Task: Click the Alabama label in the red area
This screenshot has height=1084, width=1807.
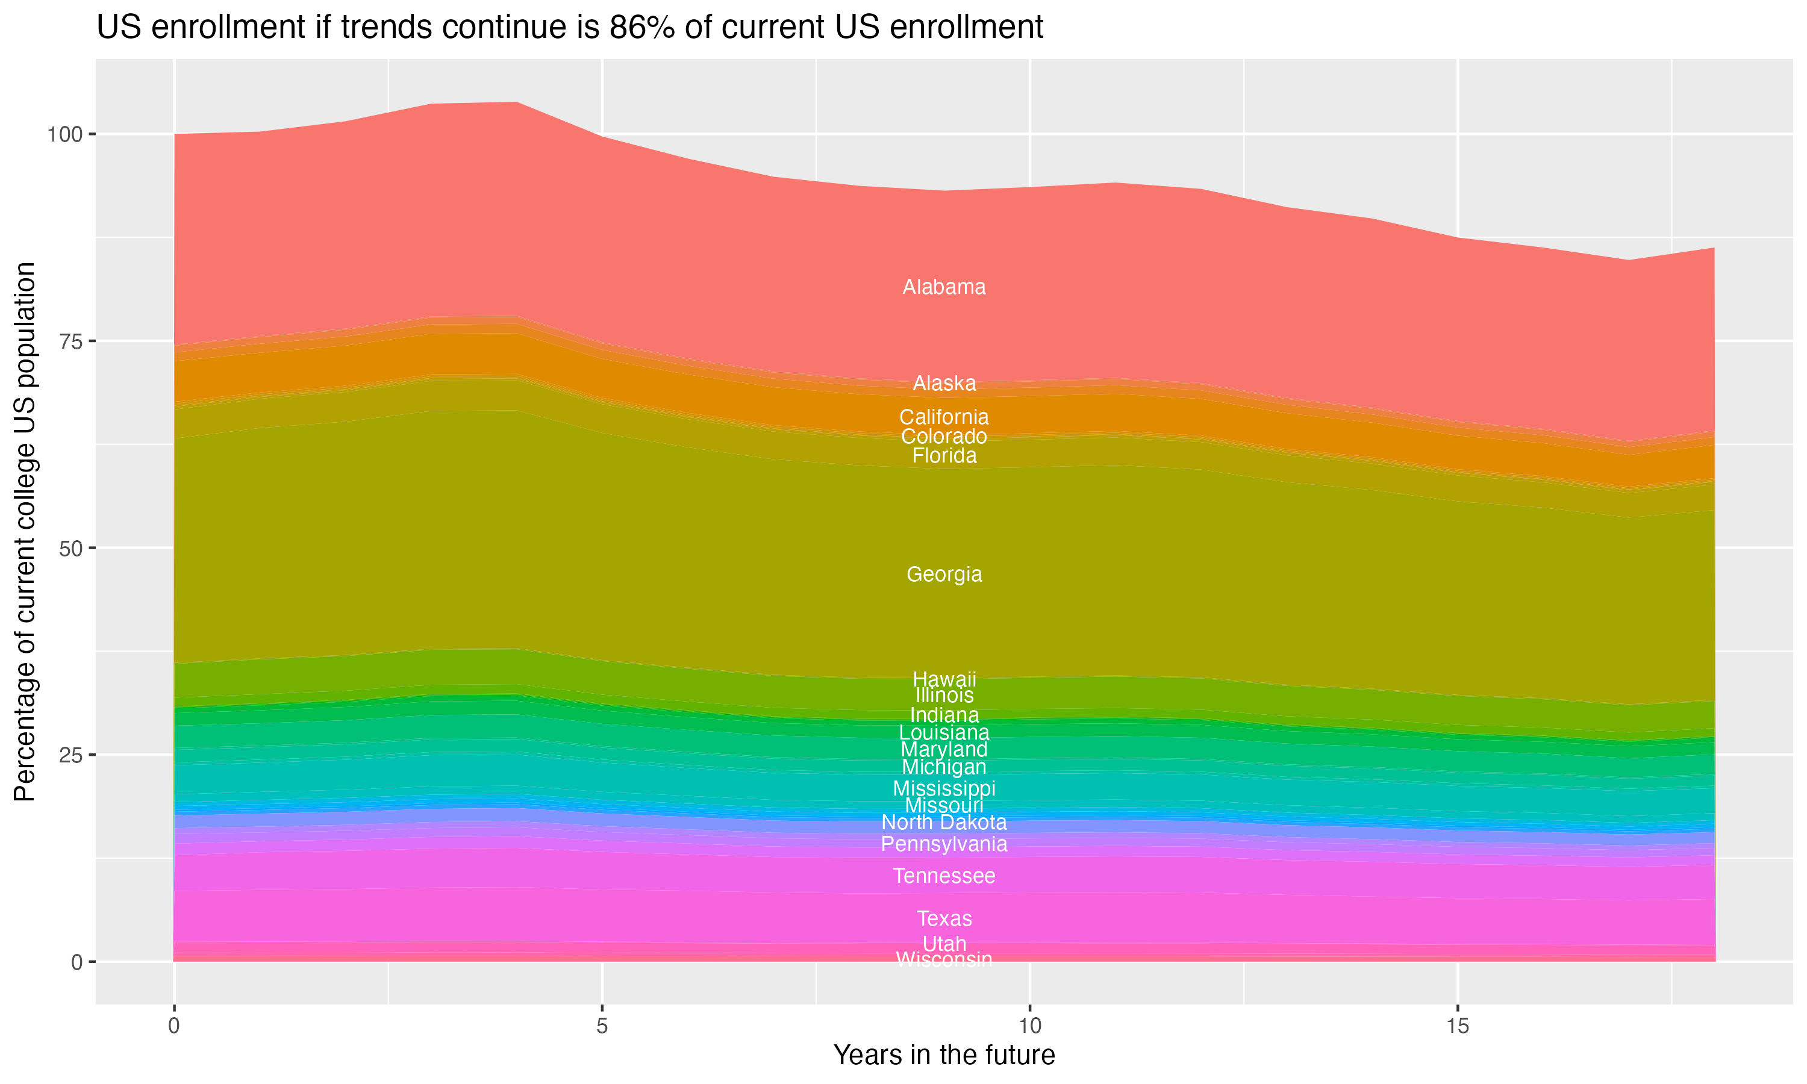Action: (x=944, y=287)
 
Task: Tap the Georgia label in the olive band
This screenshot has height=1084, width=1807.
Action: (x=944, y=574)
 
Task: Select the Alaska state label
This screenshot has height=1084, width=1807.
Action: (x=944, y=384)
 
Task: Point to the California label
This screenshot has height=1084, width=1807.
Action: (x=944, y=417)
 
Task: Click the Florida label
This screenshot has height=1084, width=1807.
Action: (x=944, y=456)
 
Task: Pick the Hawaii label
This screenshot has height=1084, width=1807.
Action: (x=944, y=679)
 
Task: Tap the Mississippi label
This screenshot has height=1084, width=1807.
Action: (x=944, y=788)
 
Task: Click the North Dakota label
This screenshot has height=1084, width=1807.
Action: (x=944, y=823)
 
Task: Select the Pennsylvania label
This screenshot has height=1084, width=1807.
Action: (x=944, y=844)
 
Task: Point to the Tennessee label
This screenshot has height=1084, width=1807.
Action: (x=944, y=876)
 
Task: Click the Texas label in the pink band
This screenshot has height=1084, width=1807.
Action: (x=944, y=918)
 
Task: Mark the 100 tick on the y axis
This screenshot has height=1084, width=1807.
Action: (x=66, y=134)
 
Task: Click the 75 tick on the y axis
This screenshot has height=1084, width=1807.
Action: (x=72, y=341)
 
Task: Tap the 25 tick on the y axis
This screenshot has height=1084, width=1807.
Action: (x=72, y=755)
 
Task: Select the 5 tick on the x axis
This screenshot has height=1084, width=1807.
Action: (x=602, y=1026)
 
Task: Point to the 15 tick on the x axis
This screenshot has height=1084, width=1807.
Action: (x=1457, y=1026)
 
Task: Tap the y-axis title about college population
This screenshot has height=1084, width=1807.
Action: (x=25, y=531)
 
